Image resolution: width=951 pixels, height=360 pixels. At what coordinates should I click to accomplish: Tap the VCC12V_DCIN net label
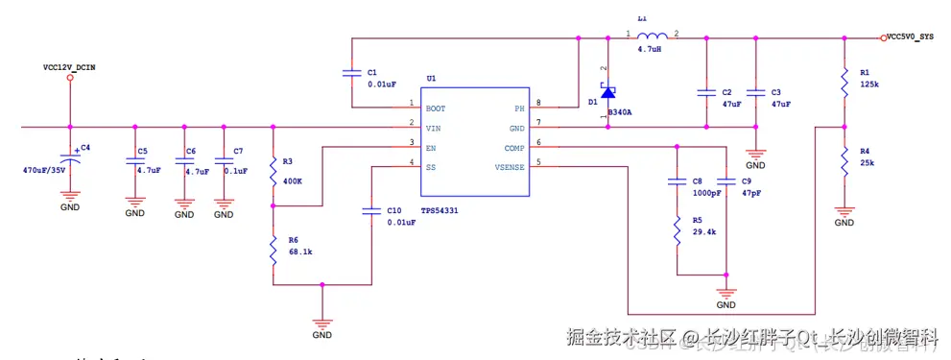(69, 67)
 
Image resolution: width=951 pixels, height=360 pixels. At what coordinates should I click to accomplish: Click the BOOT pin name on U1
(436, 108)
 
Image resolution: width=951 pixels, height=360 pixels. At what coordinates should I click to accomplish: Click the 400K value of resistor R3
(294, 180)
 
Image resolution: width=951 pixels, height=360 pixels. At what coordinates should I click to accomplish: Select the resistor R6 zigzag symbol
(273, 254)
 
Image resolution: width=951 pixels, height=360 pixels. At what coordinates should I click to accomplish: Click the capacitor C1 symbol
(352, 73)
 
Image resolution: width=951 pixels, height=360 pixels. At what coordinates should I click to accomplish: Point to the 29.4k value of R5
(705, 232)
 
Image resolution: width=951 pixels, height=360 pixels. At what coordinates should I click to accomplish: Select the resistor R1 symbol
(844, 83)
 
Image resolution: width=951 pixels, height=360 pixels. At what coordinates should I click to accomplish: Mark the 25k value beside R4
(867, 163)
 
